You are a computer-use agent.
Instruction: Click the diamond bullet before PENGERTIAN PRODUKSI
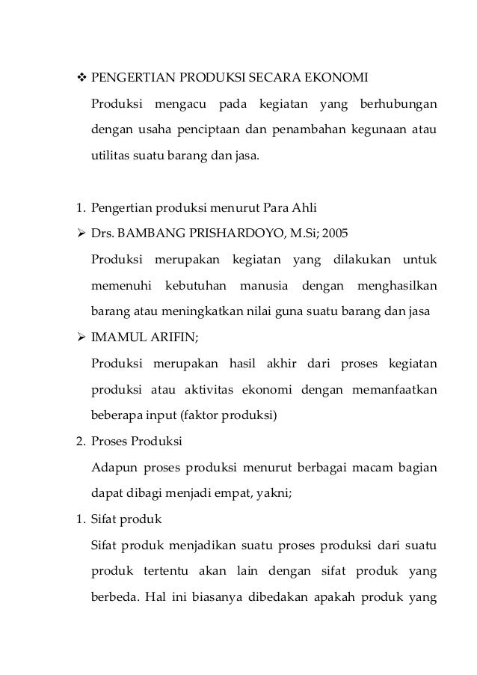tap(73, 78)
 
